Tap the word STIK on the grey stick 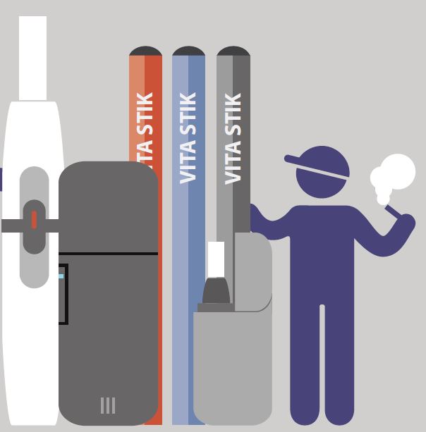click(x=233, y=114)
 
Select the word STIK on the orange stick click(x=145, y=113)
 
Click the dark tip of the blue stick click(x=188, y=51)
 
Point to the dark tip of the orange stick click(x=145, y=51)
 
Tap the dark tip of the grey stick click(x=233, y=51)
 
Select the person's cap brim click(x=317, y=168)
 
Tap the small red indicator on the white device click(x=34, y=220)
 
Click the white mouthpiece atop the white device click(x=32, y=58)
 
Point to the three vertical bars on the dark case click(x=108, y=405)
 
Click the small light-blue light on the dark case click(x=61, y=276)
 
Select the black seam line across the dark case click(x=108, y=254)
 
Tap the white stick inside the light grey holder click(x=216, y=259)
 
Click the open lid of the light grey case click(x=252, y=271)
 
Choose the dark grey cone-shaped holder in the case click(x=216, y=290)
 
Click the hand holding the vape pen click(x=408, y=221)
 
